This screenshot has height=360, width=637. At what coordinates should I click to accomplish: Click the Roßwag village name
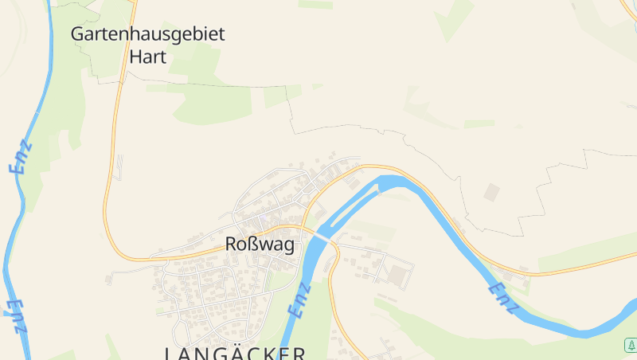(260, 245)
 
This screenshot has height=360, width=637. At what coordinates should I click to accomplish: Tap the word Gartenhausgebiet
(148, 34)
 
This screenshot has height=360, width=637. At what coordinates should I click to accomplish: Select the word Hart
(148, 57)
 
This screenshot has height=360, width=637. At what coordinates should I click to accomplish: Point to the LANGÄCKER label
(235, 353)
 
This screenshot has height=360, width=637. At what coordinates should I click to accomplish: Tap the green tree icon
(630, 345)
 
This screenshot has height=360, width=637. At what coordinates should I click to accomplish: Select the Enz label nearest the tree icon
(504, 296)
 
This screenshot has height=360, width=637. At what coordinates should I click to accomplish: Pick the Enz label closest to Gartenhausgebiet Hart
(21, 157)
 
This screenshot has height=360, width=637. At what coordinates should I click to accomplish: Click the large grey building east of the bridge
(397, 275)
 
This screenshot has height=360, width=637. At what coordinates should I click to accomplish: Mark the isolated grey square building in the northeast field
(492, 192)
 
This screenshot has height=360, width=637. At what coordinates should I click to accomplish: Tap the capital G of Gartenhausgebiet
(77, 34)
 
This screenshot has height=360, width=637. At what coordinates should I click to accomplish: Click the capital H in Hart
(136, 57)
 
